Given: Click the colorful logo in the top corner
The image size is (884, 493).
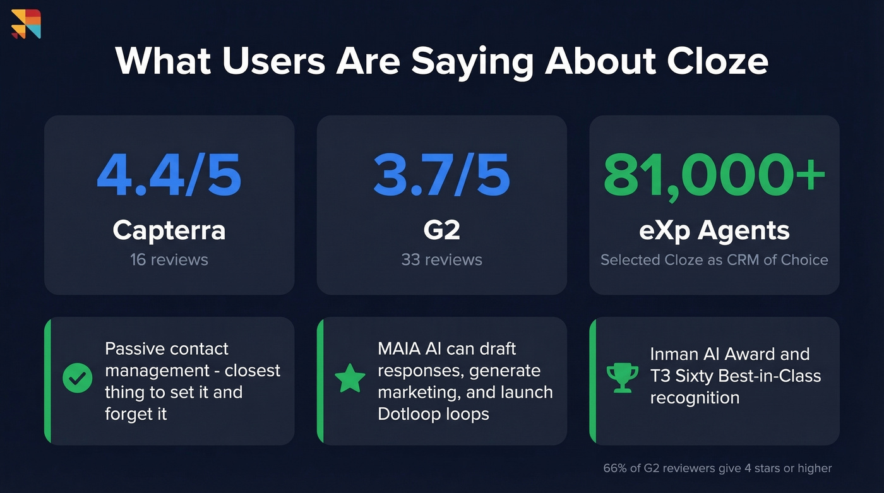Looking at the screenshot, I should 26,24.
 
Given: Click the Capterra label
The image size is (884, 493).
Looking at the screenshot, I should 169,230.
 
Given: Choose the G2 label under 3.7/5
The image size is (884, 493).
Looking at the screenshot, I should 441,230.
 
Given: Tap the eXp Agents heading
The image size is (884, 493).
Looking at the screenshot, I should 714,230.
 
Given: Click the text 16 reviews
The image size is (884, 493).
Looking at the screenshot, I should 169,259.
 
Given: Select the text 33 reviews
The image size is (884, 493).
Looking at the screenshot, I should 441,259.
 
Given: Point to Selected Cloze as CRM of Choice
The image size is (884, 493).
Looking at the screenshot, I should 714,259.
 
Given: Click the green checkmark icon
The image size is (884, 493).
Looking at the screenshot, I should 78,378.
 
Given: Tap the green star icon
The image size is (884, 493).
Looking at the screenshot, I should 350,378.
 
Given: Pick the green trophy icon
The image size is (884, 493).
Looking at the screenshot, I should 622,377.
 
